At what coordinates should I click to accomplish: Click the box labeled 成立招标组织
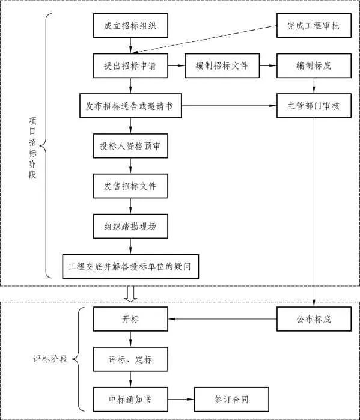[x=130, y=27]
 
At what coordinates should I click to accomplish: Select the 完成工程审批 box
[x=313, y=27]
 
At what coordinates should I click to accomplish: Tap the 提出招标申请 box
[x=130, y=65]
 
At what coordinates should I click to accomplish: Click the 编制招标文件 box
[x=222, y=65]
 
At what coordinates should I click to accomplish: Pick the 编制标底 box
[x=313, y=65]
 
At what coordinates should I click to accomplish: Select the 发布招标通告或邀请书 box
[x=130, y=106]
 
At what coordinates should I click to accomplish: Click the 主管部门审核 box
[x=313, y=106]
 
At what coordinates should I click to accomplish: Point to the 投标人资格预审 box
[x=130, y=146]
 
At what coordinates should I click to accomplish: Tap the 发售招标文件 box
[x=130, y=186]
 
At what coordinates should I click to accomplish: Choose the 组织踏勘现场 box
[x=130, y=226]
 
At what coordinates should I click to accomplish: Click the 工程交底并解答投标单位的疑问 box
[x=130, y=266]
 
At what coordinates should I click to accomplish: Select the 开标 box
[x=130, y=319]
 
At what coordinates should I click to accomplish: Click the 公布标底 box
[x=313, y=319]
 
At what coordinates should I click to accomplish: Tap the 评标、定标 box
[x=130, y=359]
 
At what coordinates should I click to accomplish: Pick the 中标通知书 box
[x=130, y=399]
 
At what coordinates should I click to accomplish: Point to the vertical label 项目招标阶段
[x=32, y=148]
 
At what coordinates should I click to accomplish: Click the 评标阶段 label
[x=50, y=359]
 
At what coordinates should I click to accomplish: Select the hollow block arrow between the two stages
[x=130, y=293]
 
